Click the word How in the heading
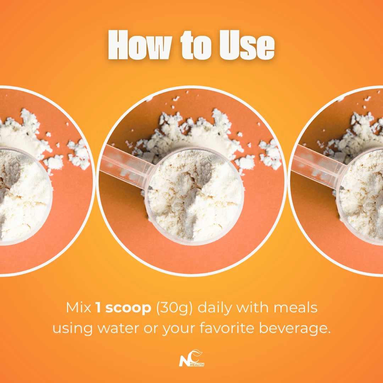coord(140,45)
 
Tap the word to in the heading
coord(196,45)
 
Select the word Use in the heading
coord(247,45)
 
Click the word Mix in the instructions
coord(78,307)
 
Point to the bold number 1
coord(98,307)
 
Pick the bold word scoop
coord(128,308)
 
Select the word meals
coord(295,307)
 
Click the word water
coord(118,328)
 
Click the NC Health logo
coord(191,358)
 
